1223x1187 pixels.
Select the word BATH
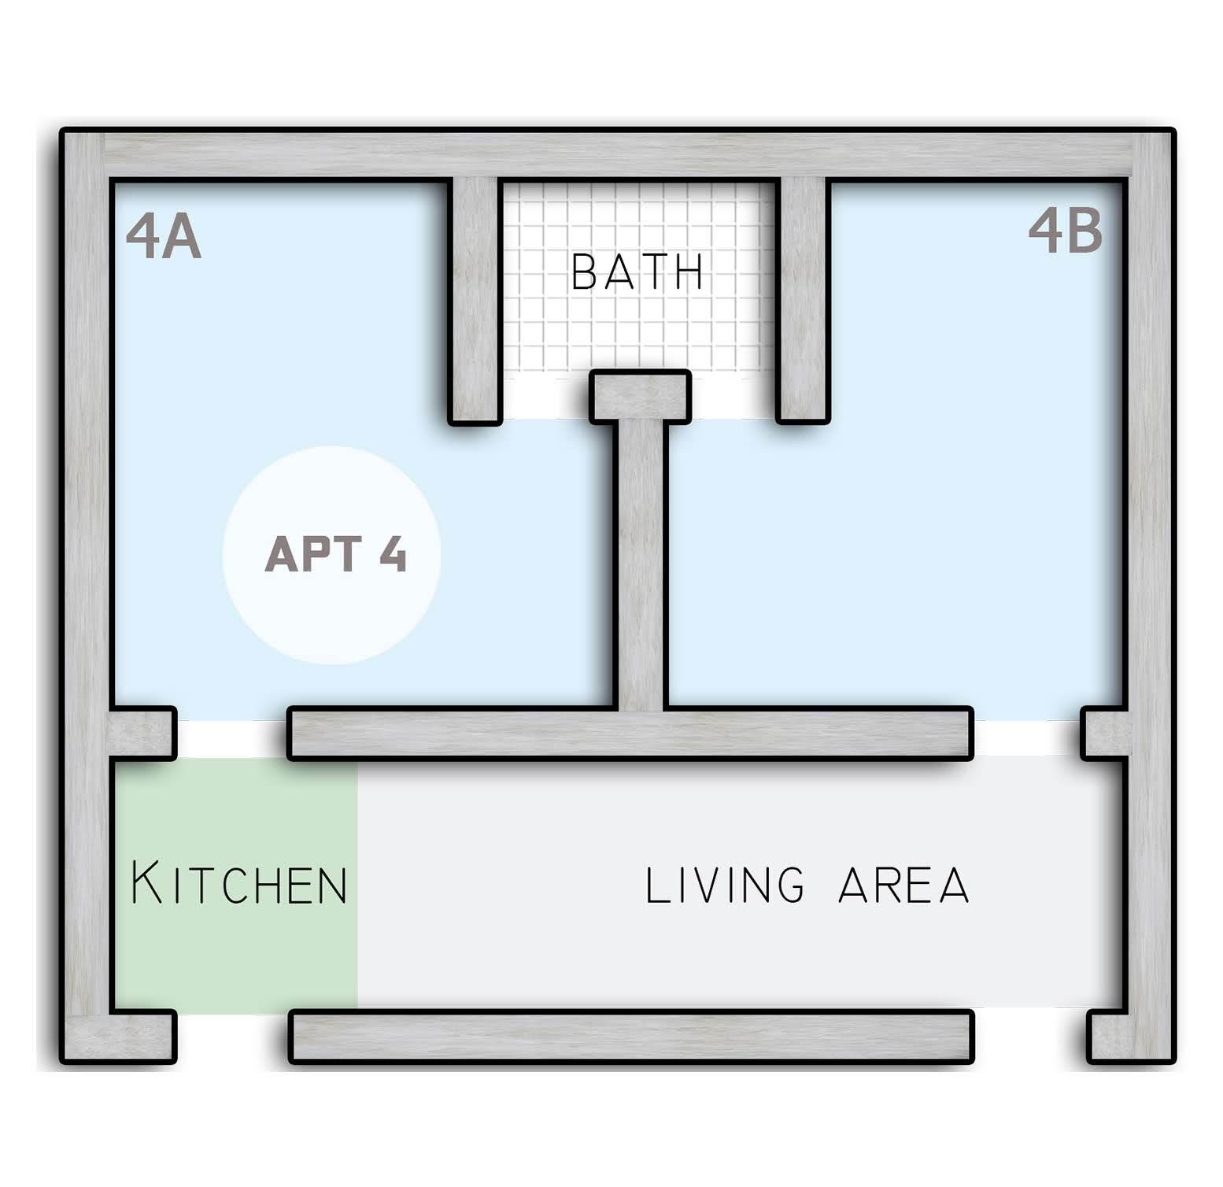pyautogui.click(x=637, y=272)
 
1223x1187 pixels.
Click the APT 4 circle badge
pyautogui.click(x=331, y=555)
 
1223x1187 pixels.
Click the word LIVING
pyautogui.click(x=725, y=884)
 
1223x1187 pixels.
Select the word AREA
pyautogui.click(x=903, y=884)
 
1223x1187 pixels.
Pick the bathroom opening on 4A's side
pyautogui.click(x=545, y=398)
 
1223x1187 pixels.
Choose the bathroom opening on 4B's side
pyautogui.click(x=733, y=398)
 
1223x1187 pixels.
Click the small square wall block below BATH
pyautogui.click(x=641, y=397)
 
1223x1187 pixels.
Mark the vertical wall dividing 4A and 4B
pyautogui.click(x=641, y=565)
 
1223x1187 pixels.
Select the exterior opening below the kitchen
pyautogui.click(x=232, y=1037)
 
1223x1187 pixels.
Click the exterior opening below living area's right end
pyautogui.click(x=1031, y=1037)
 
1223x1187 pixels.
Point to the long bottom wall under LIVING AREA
pyautogui.click(x=632, y=1037)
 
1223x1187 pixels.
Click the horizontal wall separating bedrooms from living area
pyautogui.click(x=630, y=734)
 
